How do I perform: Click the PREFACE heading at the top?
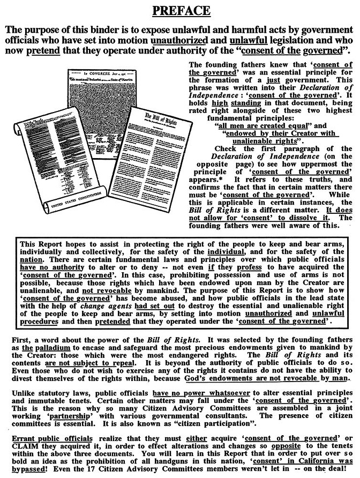pyautogui.click(x=180, y=10)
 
